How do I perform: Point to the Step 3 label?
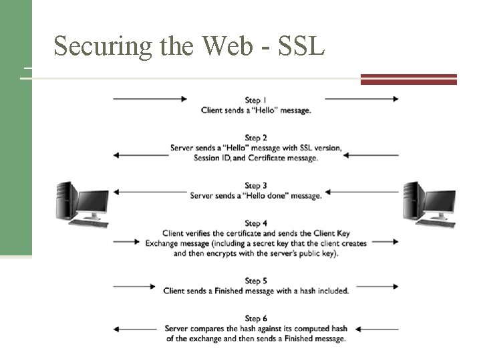(x=256, y=185)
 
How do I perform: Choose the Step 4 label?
(x=256, y=223)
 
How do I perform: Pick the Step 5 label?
(x=256, y=281)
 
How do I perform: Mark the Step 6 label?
(x=256, y=318)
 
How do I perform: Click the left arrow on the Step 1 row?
(x=150, y=99)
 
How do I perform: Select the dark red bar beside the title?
(x=408, y=79)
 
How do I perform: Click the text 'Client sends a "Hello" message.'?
(x=256, y=110)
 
